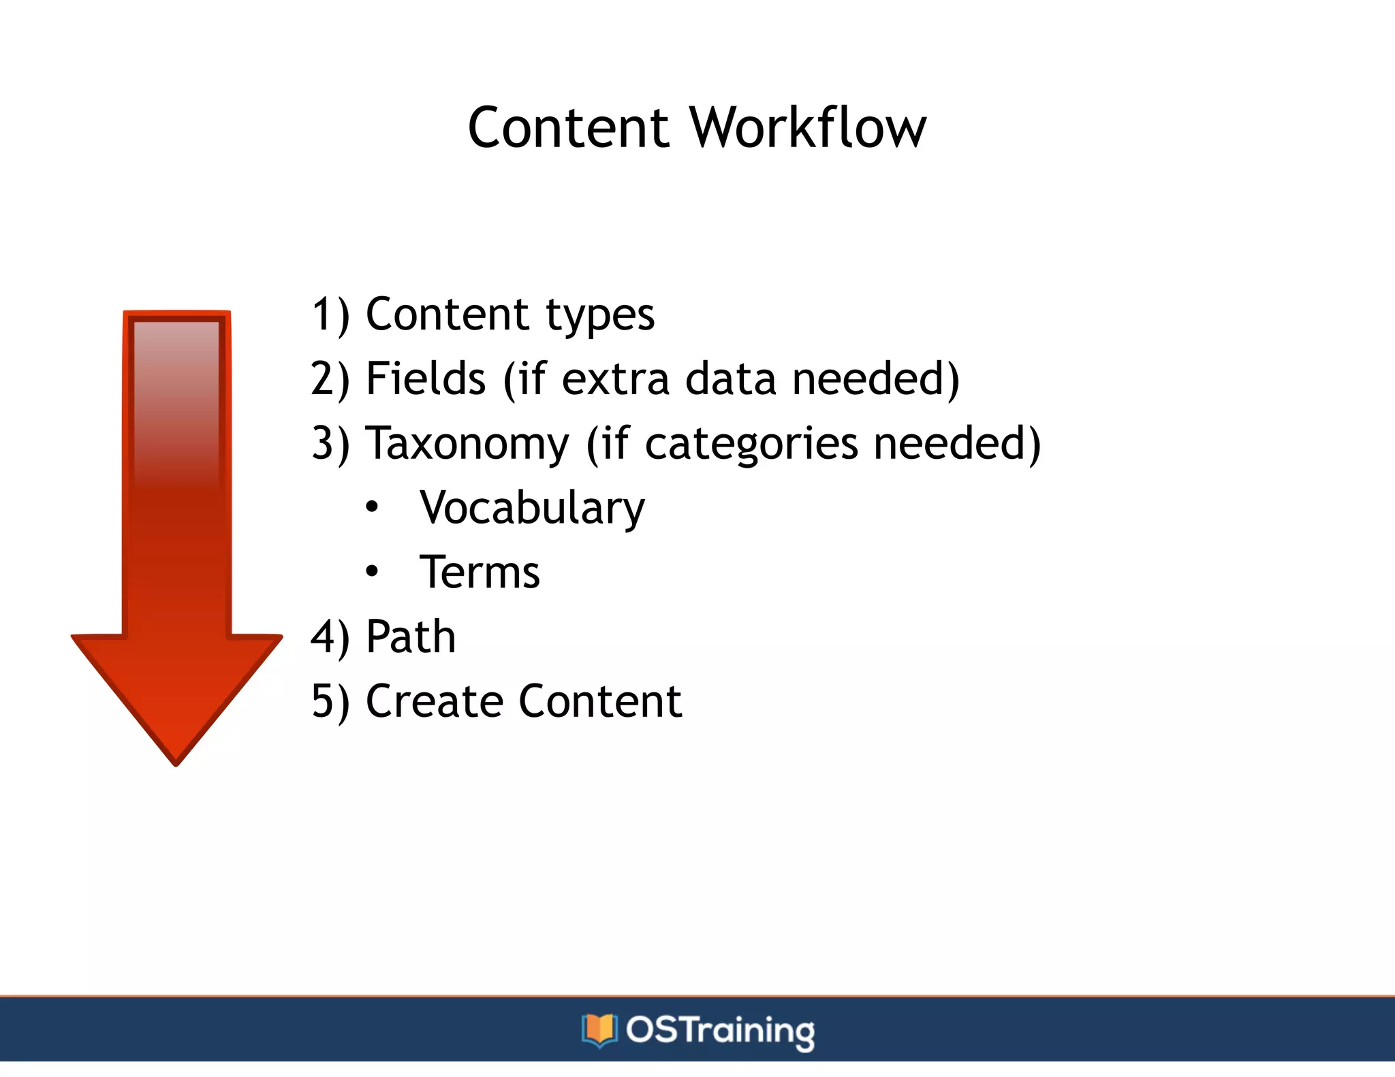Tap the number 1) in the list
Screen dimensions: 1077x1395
coord(330,315)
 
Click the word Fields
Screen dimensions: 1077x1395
coord(426,379)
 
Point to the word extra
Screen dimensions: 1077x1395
coord(615,380)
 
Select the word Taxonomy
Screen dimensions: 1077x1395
coord(467,445)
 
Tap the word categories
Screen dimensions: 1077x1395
coord(751,445)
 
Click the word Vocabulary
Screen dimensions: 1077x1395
coord(532,509)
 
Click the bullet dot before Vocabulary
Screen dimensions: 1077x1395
coord(371,507)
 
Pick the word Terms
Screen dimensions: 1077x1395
coord(480,573)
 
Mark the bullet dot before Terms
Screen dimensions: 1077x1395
coord(371,571)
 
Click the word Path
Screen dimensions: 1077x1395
coord(411,637)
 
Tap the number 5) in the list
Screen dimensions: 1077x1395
coord(330,702)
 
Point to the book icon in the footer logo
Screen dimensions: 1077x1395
coord(599,1029)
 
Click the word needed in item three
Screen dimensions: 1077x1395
coord(956,443)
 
